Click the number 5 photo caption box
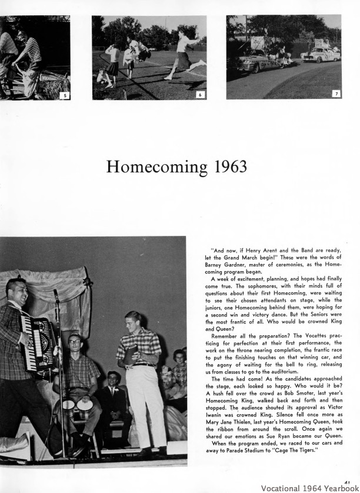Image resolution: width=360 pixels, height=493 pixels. pos(65,95)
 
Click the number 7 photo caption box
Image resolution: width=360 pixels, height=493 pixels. pos(336,94)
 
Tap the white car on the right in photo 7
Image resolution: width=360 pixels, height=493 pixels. pos(320,54)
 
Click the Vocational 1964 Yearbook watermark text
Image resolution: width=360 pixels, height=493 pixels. pos(309,488)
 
